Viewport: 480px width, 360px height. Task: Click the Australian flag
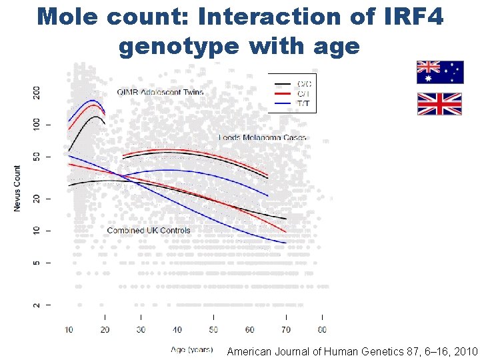pyautogui.click(x=440, y=72)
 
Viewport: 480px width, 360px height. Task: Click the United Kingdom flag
pyautogui.click(x=439, y=104)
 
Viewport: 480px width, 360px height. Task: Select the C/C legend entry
pyautogui.click(x=304, y=83)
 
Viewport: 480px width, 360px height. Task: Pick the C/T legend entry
pyautogui.click(x=304, y=93)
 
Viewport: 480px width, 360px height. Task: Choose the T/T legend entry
pyautogui.click(x=304, y=103)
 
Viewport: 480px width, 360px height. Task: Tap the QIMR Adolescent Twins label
pyautogui.click(x=160, y=92)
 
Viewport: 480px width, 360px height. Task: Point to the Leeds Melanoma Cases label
pyautogui.click(x=263, y=138)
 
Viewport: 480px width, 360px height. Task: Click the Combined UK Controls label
pyautogui.click(x=148, y=231)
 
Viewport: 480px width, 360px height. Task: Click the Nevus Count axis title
pyautogui.click(x=17, y=189)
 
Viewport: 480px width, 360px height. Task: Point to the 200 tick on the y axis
pyautogui.click(x=37, y=93)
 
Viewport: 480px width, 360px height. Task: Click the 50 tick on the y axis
pyautogui.click(x=37, y=157)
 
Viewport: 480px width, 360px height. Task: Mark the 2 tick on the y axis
pyautogui.click(x=37, y=305)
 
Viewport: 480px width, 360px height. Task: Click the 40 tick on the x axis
pyautogui.click(x=177, y=330)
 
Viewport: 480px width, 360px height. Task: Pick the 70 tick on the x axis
pyautogui.click(x=286, y=330)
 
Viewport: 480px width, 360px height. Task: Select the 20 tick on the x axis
pyautogui.click(x=105, y=330)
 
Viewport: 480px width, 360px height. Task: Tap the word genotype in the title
pyautogui.click(x=178, y=46)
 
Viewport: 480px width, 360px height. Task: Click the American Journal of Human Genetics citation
pyautogui.click(x=352, y=351)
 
